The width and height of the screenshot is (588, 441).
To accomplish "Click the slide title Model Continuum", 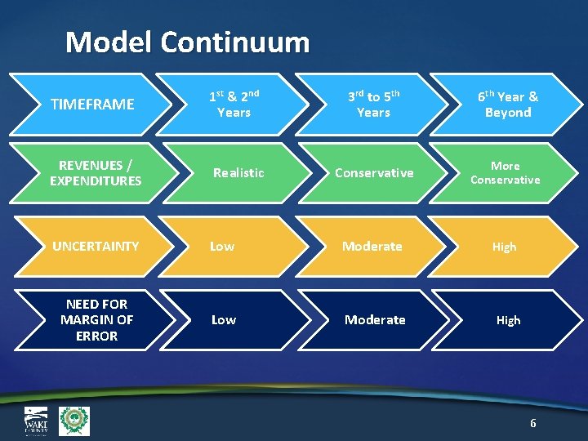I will (187, 42).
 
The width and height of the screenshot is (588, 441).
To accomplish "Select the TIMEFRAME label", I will (92, 105).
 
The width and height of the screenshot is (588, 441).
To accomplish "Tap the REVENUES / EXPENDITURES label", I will (96, 173).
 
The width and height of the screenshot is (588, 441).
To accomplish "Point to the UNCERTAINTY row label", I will (95, 246).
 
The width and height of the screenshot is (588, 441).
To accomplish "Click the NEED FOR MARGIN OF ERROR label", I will (96, 319).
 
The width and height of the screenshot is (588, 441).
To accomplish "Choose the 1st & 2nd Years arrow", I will (234, 104).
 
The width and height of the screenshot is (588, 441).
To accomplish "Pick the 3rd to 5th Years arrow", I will (373, 104).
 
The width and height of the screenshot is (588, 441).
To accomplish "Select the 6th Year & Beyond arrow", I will (507, 104).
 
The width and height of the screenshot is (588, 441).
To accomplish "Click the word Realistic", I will (238, 173).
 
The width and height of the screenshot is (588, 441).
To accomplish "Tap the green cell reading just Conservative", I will (374, 173).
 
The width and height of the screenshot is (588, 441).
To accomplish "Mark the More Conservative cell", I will (505, 173).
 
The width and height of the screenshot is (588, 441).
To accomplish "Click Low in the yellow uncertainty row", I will (222, 246).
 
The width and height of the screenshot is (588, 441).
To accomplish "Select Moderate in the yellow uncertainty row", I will (372, 246).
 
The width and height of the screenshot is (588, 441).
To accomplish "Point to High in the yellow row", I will (504, 247).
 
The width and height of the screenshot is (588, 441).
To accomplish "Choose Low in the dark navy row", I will (224, 319).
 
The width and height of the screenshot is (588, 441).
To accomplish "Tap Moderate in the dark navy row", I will (375, 319).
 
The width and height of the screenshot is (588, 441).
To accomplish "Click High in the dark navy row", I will (508, 320).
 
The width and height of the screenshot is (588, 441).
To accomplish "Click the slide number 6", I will (533, 423).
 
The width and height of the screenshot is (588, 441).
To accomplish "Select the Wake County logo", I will (36, 421).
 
